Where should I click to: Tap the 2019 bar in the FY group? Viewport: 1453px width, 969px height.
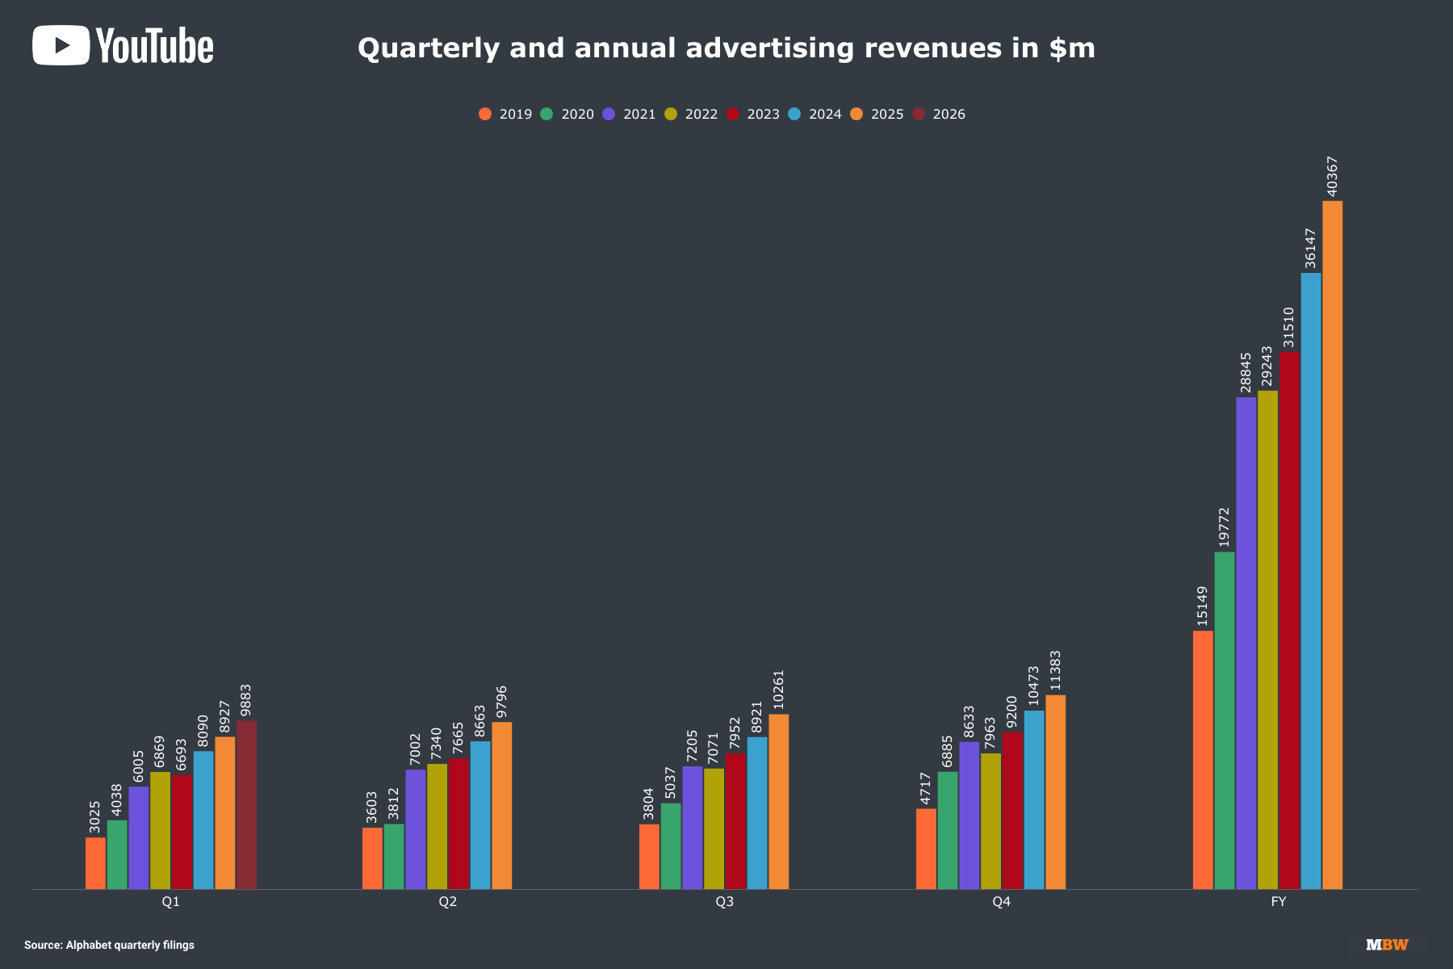[1203, 760]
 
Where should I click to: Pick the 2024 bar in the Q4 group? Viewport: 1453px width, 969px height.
[1034, 799]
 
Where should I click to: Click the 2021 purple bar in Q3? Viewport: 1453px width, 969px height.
[693, 828]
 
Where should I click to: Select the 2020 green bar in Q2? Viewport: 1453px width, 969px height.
[394, 856]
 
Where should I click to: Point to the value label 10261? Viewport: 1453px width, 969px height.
[779, 690]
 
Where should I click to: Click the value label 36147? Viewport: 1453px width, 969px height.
[1310, 248]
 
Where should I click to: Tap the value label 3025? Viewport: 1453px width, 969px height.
[95, 816]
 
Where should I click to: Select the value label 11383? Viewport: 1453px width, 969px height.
[1056, 671]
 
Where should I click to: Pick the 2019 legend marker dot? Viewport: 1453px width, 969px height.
[485, 114]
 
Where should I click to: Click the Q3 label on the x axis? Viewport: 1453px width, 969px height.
[724, 901]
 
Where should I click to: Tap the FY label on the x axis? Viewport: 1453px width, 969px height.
[1278, 901]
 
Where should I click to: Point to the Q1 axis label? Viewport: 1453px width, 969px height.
[170, 901]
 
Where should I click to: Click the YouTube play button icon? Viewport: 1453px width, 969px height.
[61, 45]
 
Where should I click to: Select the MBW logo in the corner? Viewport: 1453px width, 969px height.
[1387, 945]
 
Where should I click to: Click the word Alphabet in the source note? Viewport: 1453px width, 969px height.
[90, 945]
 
